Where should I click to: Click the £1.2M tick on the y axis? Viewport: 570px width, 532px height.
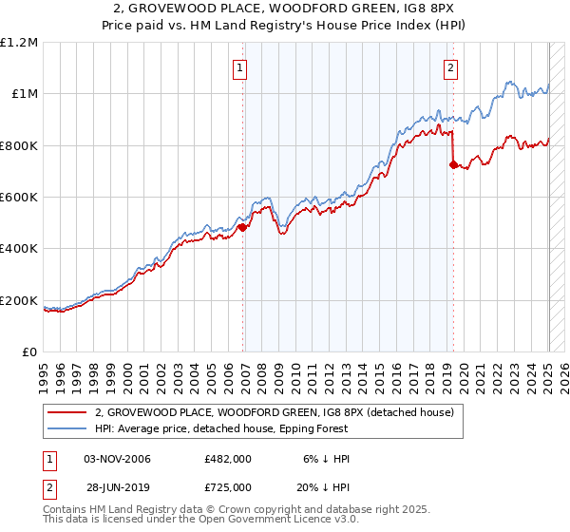tap(19, 42)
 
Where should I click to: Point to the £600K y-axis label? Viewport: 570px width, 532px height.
tap(19, 197)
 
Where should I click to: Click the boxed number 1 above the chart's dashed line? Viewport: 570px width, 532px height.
tap(240, 67)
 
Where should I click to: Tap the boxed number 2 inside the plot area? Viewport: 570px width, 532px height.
tap(449, 67)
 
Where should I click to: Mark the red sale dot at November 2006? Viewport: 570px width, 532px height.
tap(242, 227)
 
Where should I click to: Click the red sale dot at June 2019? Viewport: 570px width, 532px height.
tap(453, 164)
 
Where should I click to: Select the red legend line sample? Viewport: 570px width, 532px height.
tap(66, 412)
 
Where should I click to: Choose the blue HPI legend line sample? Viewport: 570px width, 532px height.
tap(66, 428)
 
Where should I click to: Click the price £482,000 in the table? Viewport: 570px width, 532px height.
tap(228, 459)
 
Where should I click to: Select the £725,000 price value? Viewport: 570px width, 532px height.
tap(228, 486)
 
